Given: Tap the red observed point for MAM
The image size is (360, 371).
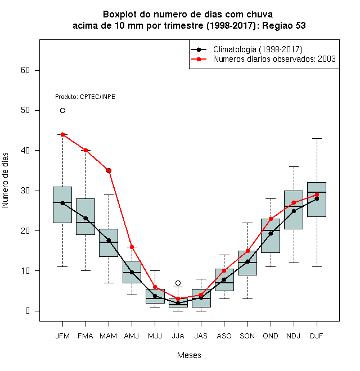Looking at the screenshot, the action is pos(109,170).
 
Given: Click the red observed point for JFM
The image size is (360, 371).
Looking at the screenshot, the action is pos(62,135).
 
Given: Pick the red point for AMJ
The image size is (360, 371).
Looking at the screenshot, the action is pos(132,247).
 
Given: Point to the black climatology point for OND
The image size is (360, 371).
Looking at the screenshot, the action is pos(271,233).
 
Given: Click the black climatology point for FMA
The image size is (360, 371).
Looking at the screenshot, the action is pos(85,219).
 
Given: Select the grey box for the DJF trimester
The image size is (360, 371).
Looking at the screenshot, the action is pos(317,200).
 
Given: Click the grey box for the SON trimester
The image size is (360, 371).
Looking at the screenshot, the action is pos(247,263).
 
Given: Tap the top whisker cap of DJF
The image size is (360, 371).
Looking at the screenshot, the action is pos(317,138).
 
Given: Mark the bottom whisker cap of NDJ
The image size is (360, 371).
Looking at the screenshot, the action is pos(294,263).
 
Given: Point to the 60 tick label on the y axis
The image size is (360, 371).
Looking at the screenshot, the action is pos(25,70).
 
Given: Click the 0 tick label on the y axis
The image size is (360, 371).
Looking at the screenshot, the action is pos(28,311).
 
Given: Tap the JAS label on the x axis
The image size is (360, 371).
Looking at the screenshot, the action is pos(201,336).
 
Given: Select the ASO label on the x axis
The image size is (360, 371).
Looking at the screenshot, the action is pos(224,336).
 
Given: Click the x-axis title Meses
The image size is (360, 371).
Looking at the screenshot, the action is pos(189,355).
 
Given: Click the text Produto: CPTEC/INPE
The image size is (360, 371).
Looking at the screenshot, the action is pos(85,97).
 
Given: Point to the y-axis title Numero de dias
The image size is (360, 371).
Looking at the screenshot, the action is pos(5,180).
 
